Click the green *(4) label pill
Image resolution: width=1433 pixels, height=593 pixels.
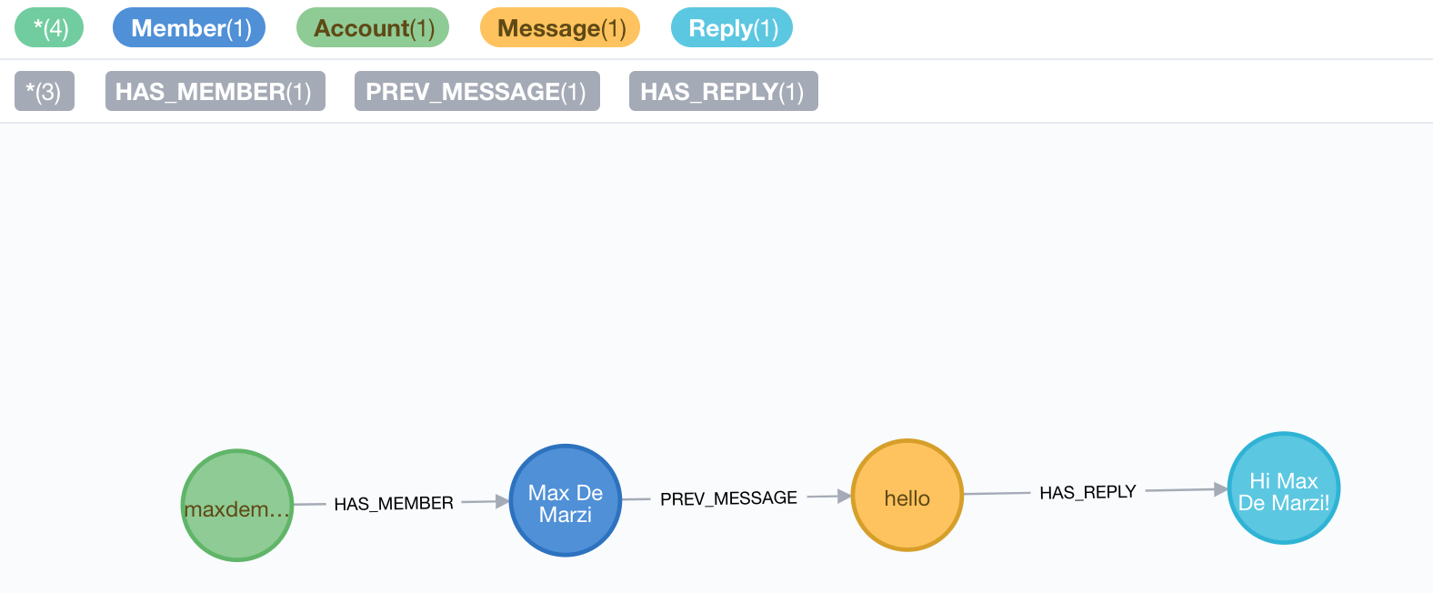49,28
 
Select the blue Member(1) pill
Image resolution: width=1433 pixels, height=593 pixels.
189,28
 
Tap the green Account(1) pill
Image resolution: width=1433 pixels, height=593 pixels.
373,28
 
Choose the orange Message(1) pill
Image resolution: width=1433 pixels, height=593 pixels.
560,28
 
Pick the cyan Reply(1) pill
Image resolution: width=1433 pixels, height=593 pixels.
732,28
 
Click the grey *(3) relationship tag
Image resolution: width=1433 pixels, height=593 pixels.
44,92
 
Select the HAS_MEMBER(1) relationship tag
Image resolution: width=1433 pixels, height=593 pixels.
215,92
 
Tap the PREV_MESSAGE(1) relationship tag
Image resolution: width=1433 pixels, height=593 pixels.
476,92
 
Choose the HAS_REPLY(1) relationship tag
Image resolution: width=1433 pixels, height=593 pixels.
723,92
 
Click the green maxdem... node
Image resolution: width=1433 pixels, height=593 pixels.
237,506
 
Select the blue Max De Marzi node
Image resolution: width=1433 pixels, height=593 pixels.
566,500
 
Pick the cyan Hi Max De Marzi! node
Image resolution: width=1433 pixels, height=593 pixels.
1284,488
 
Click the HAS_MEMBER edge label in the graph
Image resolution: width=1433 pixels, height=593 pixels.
394,504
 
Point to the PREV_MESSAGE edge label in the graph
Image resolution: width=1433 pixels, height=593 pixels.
728,498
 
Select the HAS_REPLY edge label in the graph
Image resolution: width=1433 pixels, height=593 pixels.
1087,493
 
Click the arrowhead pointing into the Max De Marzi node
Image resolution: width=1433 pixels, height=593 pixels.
502,501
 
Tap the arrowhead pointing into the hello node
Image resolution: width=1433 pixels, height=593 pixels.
844,497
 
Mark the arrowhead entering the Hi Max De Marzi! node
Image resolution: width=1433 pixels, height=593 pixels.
1220,490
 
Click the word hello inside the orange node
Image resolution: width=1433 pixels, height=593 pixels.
907,498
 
